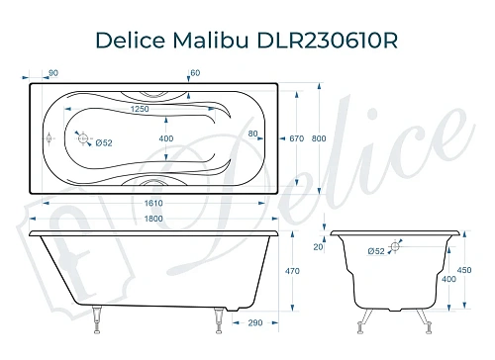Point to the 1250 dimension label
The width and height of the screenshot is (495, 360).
point(139,109)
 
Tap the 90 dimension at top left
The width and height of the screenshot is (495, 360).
point(53,72)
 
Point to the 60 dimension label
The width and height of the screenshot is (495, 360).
point(195,72)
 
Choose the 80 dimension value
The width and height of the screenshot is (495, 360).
point(253,134)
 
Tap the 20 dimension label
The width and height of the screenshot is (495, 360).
point(318,247)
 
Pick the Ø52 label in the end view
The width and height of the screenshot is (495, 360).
point(377,251)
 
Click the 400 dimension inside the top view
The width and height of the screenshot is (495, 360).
point(165,137)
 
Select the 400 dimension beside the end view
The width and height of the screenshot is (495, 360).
point(450,280)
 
